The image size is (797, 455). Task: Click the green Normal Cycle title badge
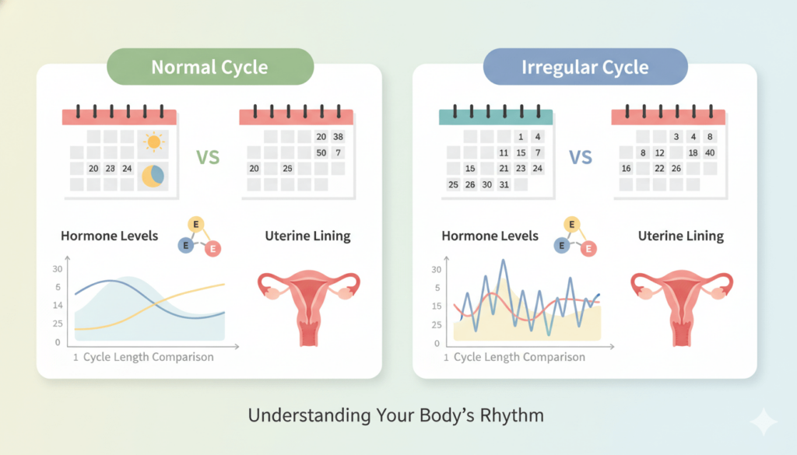[210, 67]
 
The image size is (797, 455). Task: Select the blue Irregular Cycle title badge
[585, 67]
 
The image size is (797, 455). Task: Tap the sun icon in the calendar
[153, 142]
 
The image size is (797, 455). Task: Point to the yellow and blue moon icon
[153, 176]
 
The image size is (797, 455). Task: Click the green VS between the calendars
[208, 157]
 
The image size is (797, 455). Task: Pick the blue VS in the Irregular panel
[581, 157]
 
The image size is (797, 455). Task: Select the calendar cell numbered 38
[338, 137]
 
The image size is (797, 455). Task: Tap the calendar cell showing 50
[321, 152]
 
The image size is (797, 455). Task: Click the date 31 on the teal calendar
[504, 184]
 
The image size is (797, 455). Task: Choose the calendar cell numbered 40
[710, 152]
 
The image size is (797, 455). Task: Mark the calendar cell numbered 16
[627, 168]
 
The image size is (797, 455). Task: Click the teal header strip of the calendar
[496, 117]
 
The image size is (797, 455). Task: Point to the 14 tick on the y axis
[58, 305]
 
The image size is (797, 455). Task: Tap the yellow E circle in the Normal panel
[195, 225]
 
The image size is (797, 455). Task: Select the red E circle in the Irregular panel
[588, 248]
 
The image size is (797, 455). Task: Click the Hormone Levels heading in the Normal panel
[109, 236]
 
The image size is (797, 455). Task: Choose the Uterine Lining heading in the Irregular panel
[680, 236]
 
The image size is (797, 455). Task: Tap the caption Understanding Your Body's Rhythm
[396, 415]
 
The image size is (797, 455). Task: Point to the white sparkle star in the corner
[763, 422]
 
